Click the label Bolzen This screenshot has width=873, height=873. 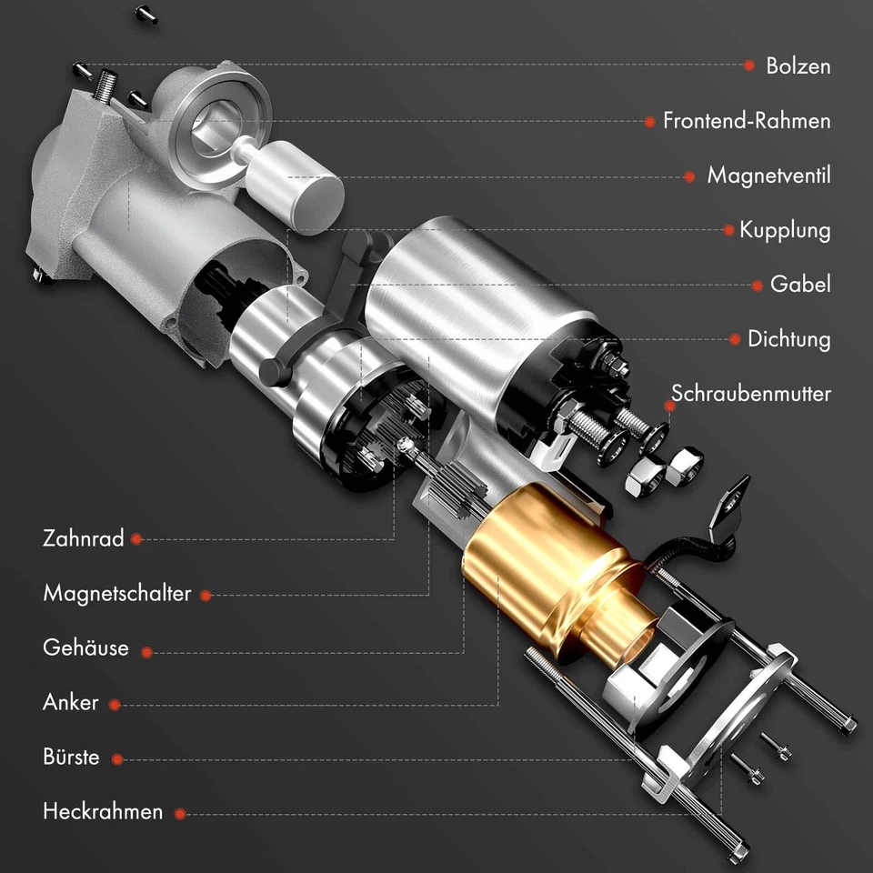tap(798, 66)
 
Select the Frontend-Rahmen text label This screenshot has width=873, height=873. tap(746, 121)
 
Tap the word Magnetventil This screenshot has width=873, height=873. tap(768, 176)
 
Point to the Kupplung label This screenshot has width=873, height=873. tap(784, 230)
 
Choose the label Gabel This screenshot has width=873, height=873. tap(800, 285)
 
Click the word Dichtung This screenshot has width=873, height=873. tap(788, 339)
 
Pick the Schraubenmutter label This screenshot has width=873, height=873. tap(750, 394)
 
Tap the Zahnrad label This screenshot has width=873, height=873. tap(83, 538)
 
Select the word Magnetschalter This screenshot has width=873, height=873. tap(116, 594)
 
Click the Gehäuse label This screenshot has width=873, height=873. tap(85, 649)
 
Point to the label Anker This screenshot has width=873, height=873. tap(70, 703)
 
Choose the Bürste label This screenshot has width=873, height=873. tap(71, 758)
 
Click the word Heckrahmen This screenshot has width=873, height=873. tap(103, 812)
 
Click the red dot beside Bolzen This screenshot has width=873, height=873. tap(749, 65)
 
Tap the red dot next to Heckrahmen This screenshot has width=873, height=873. tap(180, 814)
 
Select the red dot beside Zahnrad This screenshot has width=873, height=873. tap(136, 539)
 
